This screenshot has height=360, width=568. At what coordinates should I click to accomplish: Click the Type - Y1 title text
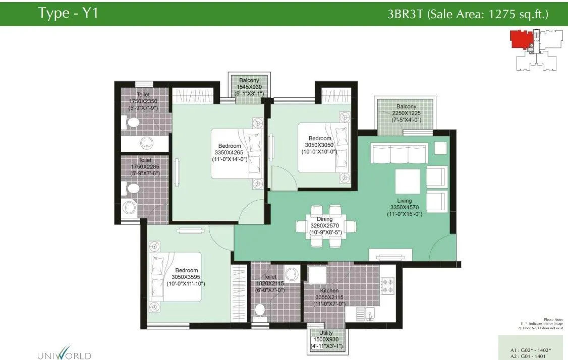pyautogui.click(x=68, y=14)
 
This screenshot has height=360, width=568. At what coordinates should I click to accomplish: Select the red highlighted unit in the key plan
pyautogui.click(x=520, y=39)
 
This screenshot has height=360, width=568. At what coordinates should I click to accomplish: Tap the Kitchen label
pyautogui.click(x=325, y=291)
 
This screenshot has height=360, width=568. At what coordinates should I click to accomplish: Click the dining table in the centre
pyautogui.click(x=325, y=226)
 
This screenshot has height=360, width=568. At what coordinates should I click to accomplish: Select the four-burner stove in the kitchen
pyautogui.click(x=387, y=285)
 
